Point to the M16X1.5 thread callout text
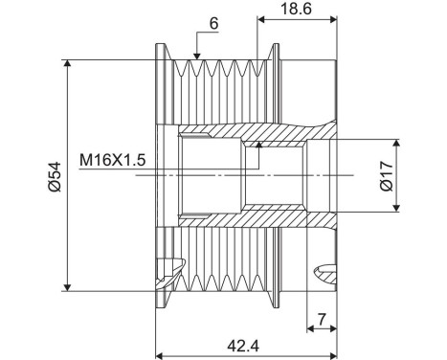point(114,161)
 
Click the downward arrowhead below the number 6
point(195,59)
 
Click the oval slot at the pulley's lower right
point(326,273)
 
